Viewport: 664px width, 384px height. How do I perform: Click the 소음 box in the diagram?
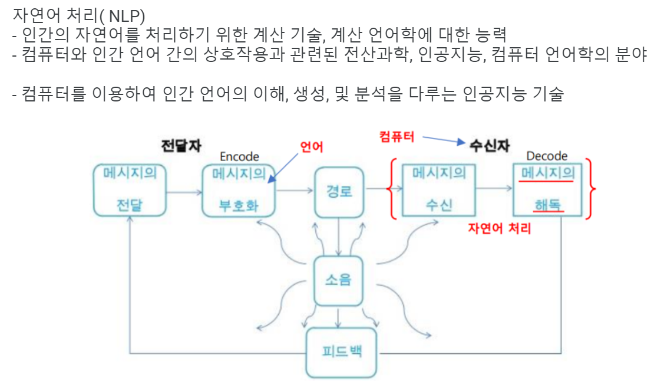pos(338,280)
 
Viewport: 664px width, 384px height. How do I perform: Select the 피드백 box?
pos(341,353)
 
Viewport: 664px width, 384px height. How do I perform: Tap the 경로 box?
pos(339,190)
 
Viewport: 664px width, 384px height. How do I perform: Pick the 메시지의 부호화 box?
pos(239,190)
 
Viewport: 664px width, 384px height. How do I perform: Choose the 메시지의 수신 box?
pos(439,190)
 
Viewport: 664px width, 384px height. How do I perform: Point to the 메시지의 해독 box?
pos(547,190)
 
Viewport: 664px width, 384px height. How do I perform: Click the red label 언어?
pos(312,147)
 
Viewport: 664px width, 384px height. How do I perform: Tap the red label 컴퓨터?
pos(397,137)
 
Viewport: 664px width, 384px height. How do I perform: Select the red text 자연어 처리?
pos(500,228)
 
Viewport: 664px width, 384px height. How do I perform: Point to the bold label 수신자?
pos(489,145)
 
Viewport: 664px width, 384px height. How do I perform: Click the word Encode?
pos(239,156)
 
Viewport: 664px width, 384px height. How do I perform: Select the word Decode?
pos(547,156)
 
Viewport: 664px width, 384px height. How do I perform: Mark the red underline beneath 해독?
pos(547,211)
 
